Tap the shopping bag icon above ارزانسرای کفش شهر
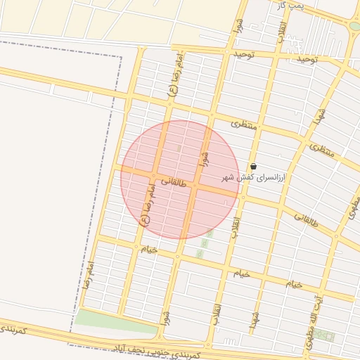253,167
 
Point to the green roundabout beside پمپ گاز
355,25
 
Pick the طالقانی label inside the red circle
174,182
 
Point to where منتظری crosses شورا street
212,114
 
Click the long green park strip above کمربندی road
116,321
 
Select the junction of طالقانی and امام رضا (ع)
153,176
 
